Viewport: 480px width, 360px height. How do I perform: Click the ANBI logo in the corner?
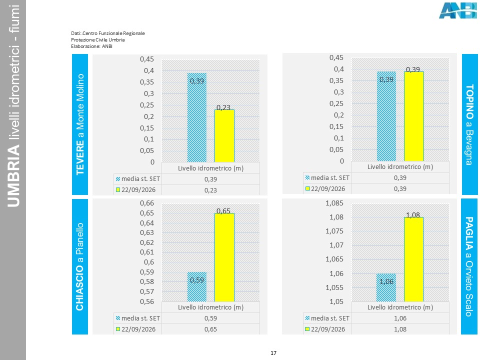[458, 10]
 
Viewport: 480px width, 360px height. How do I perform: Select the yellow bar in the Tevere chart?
[224, 136]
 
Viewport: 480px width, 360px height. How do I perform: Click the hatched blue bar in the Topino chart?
[386, 116]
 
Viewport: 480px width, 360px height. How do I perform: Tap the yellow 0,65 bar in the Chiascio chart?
[224, 257]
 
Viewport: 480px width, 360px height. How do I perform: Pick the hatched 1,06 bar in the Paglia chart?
[386, 287]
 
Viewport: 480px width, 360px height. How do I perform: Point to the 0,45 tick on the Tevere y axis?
[147, 59]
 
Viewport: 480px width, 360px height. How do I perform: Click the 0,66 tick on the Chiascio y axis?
[147, 203]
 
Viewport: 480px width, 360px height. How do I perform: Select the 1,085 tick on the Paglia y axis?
[334, 203]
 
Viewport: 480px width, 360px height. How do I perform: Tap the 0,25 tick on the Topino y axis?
[336, 104]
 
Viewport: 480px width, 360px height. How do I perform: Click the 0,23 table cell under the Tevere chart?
[210, 190]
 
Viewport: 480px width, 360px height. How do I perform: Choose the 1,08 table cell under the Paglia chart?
[400, 329]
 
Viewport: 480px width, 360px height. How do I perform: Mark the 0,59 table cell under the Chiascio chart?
[210, 318]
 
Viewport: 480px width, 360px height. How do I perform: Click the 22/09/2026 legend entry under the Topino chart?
[325, 189]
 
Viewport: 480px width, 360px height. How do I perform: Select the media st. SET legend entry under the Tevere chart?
[138, 179]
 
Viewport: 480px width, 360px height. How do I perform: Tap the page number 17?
[273, 353]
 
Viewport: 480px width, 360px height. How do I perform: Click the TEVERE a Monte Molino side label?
[80, 124]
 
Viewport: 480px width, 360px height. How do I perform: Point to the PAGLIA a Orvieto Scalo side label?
[469, 266]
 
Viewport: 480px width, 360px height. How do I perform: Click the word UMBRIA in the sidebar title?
[13, 176]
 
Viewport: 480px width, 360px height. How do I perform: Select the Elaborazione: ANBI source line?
[91, 46]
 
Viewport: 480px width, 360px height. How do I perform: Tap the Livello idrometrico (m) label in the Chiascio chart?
[210, 307]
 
